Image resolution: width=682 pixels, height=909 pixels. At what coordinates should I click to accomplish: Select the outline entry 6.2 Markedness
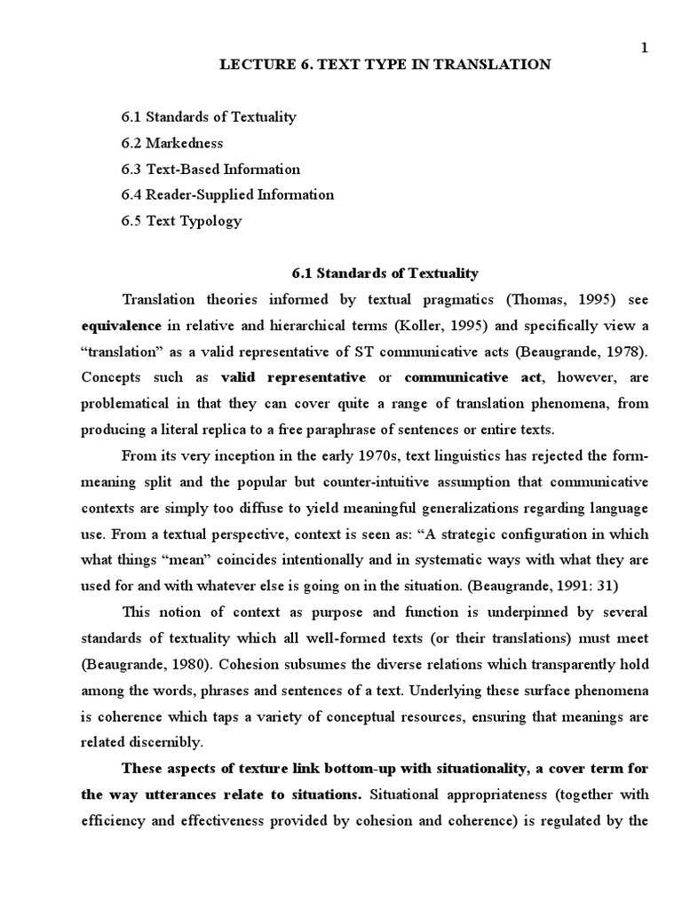(172, 143)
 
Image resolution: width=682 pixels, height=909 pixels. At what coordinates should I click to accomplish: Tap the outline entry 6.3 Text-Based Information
(210, 169)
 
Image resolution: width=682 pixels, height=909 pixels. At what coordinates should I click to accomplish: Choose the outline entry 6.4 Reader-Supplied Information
(227, 194)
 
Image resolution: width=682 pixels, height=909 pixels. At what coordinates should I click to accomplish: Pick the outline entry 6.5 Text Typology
(181, 221)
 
